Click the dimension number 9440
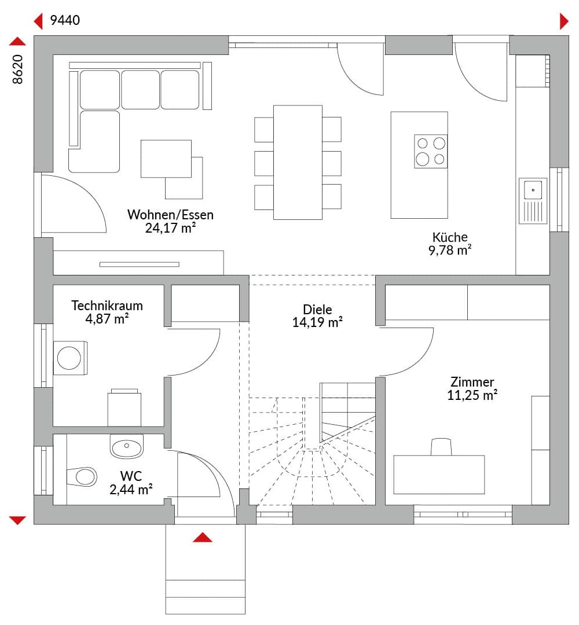click(x=65, y=20)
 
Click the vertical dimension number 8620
click(x=18, y=69)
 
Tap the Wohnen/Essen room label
click(x=170, y=215)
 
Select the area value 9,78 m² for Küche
click(x=450, y=251)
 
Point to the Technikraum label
click(x=107, y=306)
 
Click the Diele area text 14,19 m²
click(x=317, y=322)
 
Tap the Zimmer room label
click(x=472, y=382)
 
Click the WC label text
click(x=131, y=476)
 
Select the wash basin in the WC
click(x=126, y=446)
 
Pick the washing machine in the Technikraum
click(x=71, y=358)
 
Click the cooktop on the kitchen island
click(x=430, y=151)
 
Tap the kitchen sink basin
click(x=533, y=190)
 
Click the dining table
click(x=298, y=162)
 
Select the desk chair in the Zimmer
click(x=441, y=447)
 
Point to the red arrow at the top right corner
click(x=564, y=21)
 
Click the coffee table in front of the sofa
click(x=166, y=159)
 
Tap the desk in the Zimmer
click(x=439, y=475)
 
